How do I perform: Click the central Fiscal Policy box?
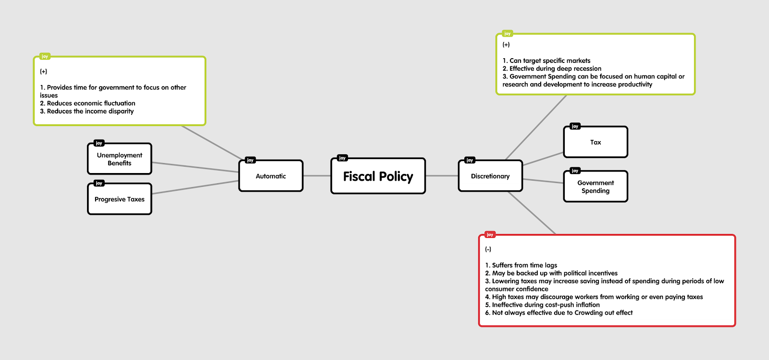[x=378, y=176]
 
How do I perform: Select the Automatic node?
[x=271, y=176]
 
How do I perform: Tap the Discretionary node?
[x=490, y=176]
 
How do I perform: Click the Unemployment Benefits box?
[x=119, y=159]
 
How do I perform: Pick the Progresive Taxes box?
[x=119, y=199]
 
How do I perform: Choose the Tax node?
[x=595, y=142]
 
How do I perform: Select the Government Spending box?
[x=595, y=187]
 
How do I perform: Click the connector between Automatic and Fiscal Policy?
[x=317, y=176]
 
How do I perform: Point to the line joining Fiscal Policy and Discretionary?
[x=442, y=176]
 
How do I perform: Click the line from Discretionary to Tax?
[x=543, y=159]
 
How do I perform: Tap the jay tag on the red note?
[x=490, y=235]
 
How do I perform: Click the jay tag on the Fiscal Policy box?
[x=342, y=158]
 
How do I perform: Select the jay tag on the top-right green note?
[x=507, y=34]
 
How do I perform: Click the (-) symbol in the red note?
[x=488, y=249]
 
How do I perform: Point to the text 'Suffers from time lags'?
[x=524, y=265]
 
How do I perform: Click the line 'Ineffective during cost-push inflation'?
[x=546, y=305]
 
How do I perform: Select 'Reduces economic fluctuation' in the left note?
[x=91, y=103]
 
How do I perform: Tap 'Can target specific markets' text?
[x=550, y=61]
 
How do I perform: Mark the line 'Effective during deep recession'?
[x=555, y=69]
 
